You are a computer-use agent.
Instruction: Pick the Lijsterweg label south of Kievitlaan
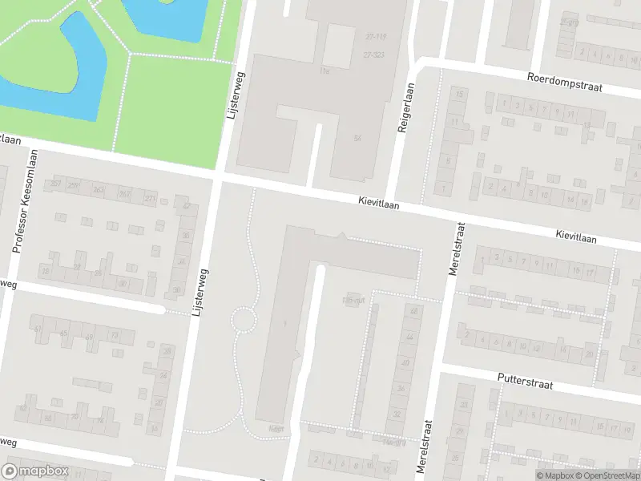tap(200, 293)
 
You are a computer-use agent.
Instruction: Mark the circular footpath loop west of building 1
tap(244, 320)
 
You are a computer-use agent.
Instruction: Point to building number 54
tap(357, 139)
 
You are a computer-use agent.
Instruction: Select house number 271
tap(149, 197)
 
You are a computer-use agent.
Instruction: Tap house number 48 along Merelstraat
tap(413, 311)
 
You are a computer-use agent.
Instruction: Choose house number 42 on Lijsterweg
tap(187, 206)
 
